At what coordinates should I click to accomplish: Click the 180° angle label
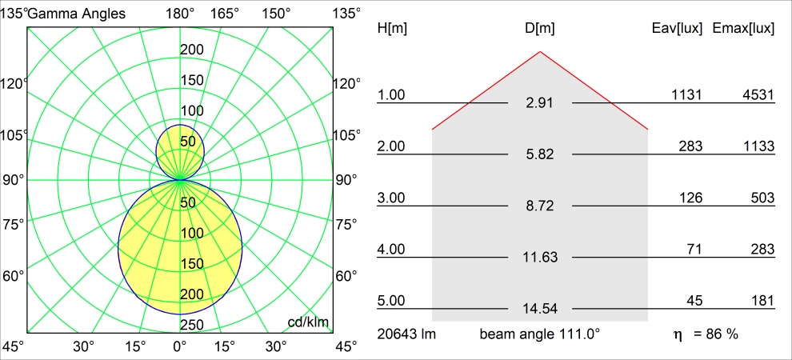click(x=180, y=13)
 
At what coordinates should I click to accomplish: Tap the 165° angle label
click(x=226, y=13)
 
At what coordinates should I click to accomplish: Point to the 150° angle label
click(x=276, y=13)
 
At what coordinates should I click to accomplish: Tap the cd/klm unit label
click(x=309, y=322)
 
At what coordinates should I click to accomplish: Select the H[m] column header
click(x=391, y=28)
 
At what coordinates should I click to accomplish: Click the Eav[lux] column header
click(x=678, y=28)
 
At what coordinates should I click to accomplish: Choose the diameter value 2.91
click(x=540, y=103)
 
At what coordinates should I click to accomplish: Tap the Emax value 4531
click(x=758, y=95)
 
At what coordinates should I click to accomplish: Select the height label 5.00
click(x=391, y=301)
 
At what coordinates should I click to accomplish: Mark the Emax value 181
click(x=762, y=301)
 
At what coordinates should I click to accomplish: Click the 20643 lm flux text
click(x=406, y=334)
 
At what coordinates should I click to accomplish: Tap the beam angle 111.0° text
click(x=540, y=334)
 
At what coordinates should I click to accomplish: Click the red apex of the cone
click(x=540, y=52)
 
